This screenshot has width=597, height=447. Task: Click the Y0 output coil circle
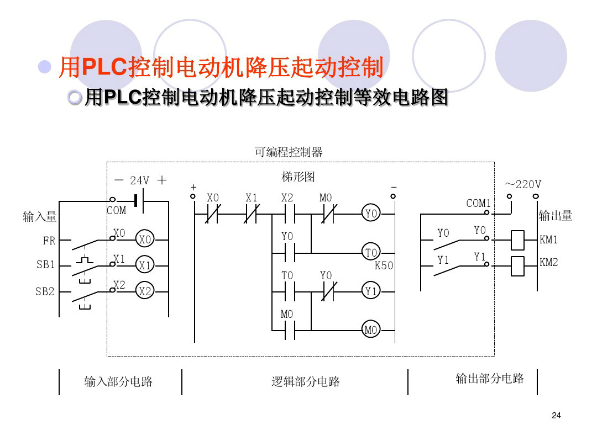[x=371, y=214]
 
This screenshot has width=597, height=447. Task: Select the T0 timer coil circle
[x=371, y=253]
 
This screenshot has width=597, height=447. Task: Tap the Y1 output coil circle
[x=371, y=291]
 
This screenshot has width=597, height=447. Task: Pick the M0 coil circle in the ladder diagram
[x=370, y=330]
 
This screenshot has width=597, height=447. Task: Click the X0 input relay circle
[x=145, y=240]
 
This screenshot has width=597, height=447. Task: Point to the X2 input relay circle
[x=145, y=291]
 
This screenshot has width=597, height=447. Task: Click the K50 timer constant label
[x=384, y=265]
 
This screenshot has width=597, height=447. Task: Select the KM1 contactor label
[x=549, y=240]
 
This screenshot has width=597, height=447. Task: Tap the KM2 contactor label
[x=549, y=263]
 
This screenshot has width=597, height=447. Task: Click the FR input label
[x=49, y=241]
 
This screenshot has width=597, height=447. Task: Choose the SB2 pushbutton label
[x=45, y=291]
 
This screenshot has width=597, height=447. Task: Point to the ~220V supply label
[x=522, y=184]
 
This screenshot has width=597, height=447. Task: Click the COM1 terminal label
[x=479, y=203]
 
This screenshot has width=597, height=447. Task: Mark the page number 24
[x=556, y=416]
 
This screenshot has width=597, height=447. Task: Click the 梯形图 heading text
[x=298, y=177]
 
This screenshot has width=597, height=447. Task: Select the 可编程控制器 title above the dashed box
[x=288, y=152]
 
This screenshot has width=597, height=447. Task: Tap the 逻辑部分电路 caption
[x=306, y=381]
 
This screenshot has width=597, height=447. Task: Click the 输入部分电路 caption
[x=118, y=381]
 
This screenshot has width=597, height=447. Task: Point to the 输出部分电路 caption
[x=490, y=379]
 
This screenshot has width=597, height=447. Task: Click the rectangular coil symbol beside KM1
[x=517, y=240]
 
